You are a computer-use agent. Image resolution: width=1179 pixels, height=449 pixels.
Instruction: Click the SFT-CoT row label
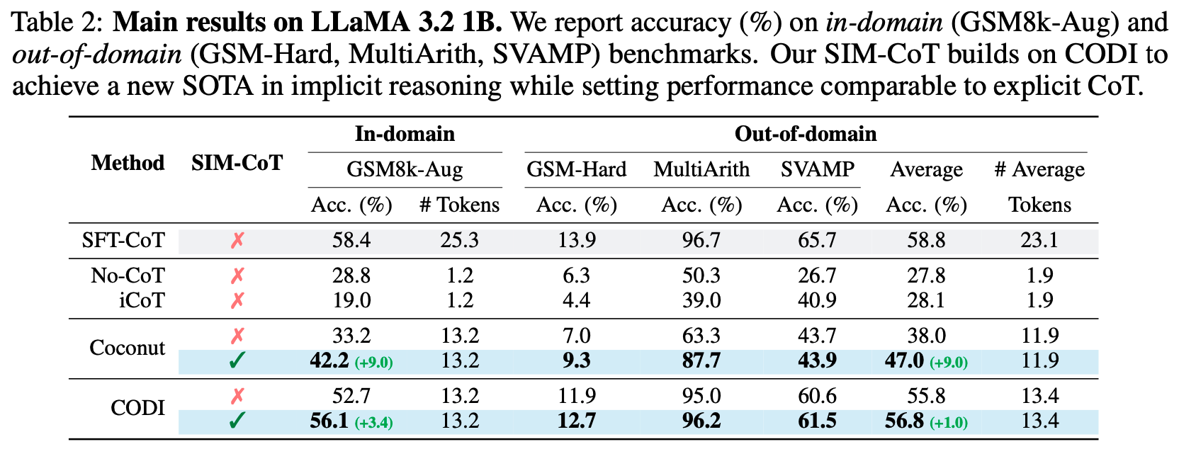point(123,241)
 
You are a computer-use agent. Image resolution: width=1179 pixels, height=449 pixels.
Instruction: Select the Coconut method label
point(128,348)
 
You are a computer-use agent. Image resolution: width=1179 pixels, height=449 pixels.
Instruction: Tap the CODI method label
point(138,408)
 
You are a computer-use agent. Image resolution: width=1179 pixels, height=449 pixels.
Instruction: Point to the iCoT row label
point(142,300)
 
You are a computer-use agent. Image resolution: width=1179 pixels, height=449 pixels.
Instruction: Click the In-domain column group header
point(405,134)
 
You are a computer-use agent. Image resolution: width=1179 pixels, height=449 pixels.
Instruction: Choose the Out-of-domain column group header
point(806,134)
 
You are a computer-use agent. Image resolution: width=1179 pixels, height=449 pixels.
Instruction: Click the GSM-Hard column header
point(576,169)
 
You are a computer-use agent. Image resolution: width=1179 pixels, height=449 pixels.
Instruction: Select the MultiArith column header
point(701,169)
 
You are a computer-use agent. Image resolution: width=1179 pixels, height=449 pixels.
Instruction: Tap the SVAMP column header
point(818,169)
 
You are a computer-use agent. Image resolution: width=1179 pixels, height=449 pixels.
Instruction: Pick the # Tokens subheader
point(459,205)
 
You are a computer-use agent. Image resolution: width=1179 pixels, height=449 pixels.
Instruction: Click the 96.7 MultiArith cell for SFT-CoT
point(701,241)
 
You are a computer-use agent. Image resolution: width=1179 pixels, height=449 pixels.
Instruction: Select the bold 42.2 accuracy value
point(329,360)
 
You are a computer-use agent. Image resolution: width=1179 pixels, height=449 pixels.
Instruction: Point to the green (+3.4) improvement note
point(373,423)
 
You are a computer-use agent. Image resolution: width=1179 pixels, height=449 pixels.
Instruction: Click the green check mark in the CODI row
point(237,420)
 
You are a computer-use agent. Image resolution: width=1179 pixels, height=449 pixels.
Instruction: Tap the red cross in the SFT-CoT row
point(237,241)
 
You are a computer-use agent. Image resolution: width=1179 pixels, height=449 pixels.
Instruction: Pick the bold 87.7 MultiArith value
point(701,360)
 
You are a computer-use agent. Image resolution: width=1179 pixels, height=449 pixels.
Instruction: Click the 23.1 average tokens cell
point(1039,241)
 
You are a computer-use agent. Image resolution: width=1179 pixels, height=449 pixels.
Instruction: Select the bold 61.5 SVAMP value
point(818,421)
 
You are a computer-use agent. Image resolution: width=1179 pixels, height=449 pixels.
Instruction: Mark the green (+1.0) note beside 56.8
point(949,423)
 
